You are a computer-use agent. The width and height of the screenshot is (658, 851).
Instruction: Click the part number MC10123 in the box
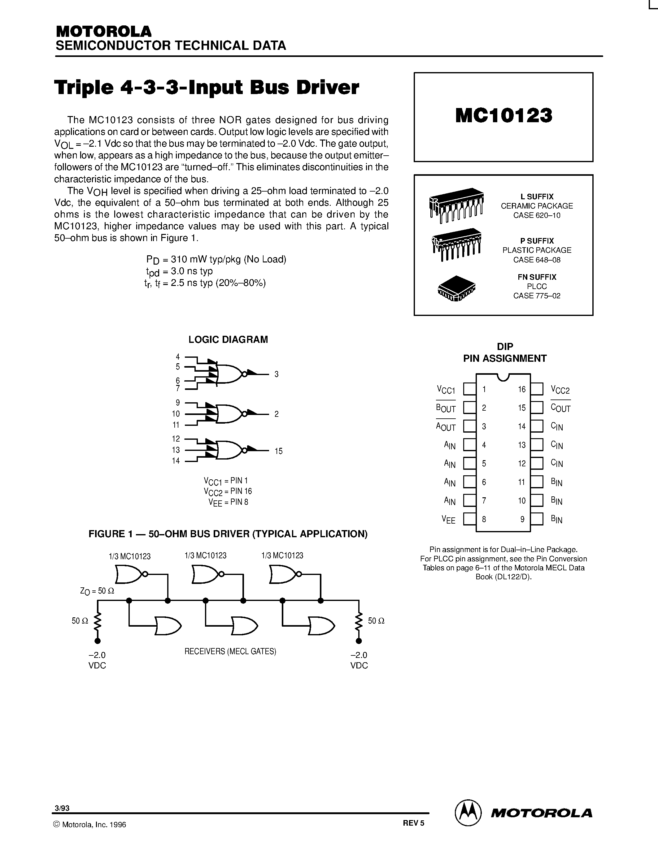click(x=503, y=116)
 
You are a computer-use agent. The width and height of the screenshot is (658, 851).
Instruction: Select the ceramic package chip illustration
click(x=456, y=205)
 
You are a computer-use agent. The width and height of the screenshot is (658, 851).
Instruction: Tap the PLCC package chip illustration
click(x=456, y=289)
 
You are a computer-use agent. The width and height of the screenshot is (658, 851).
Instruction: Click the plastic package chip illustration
click(x=456, y=244)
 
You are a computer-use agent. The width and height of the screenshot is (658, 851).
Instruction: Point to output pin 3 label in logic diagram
click(x=277, y=374)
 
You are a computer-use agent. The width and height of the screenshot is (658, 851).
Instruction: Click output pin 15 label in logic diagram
click(x=278, y=451)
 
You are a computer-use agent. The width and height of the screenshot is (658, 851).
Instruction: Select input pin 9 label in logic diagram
click(x=178, y=403)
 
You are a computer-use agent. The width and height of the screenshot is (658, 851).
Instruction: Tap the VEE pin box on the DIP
click(x=469, y=519)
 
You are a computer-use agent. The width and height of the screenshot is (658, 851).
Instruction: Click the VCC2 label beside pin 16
click(x=560, y=390)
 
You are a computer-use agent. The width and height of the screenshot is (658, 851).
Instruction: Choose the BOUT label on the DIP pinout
click(x=446, y=408)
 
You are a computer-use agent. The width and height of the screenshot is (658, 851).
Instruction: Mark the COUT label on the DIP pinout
click(x=560, y=408)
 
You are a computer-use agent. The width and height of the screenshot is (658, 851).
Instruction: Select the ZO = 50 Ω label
click(x=97, y=591)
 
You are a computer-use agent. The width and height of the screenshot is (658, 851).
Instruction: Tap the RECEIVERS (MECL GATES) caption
click(x=230, y=651)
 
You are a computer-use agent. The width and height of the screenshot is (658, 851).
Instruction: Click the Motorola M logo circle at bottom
click(x=467, y=812)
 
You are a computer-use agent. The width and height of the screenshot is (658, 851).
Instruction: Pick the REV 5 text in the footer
click(x=413, y=823)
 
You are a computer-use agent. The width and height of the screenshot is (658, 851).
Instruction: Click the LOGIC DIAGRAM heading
click(x=228, y=339)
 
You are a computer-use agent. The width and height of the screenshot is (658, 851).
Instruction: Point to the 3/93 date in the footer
click(x=62, y=808)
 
